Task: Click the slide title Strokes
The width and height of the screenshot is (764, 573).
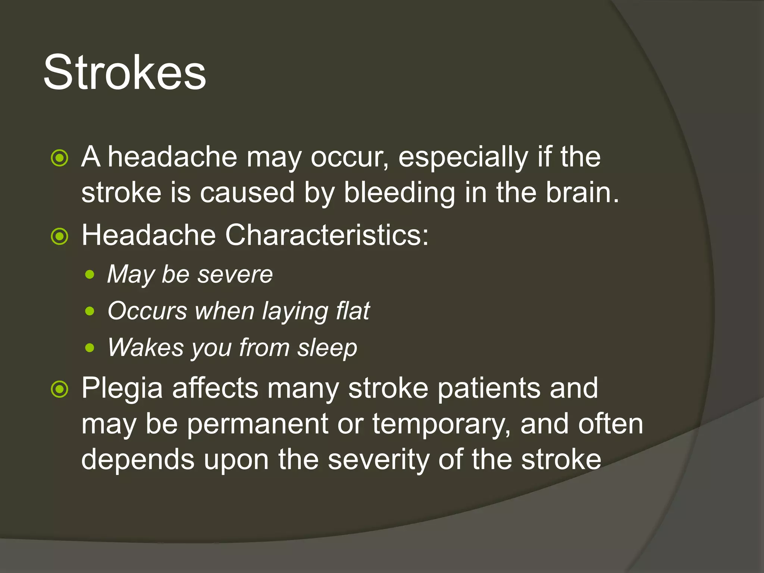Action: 125,72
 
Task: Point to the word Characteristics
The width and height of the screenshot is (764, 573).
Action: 327,235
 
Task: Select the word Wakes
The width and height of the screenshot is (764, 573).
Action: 146,348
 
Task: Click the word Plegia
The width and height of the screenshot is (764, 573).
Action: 122,388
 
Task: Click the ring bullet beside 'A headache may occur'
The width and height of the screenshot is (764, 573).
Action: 60,158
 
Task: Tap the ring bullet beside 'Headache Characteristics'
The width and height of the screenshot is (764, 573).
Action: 60,236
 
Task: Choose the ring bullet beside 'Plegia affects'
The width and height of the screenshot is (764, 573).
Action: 60,389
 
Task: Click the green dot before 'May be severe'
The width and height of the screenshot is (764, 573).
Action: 90,275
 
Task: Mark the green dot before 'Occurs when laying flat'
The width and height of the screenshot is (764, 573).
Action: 90,311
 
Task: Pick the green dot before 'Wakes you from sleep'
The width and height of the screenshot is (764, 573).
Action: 90,348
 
